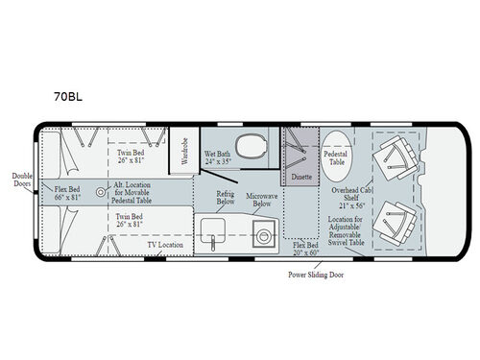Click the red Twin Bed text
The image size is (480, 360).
(x=131, y=218)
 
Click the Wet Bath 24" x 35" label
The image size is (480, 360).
(x=218, y=156)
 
